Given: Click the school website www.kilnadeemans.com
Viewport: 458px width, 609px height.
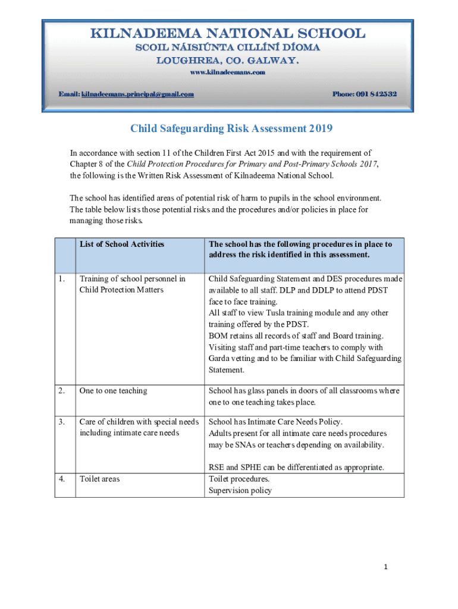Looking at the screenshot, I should [227, 73].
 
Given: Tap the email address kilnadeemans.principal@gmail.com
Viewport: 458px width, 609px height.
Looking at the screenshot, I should [137, 95].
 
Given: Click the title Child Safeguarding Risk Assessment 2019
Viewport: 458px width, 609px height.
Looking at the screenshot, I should [231, 128].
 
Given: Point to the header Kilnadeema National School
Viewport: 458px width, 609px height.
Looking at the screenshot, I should [228, 33].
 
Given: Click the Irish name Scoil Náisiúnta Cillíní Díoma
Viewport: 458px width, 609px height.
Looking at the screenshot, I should [228, 48].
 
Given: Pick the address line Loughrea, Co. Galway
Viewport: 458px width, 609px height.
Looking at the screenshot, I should [228, 61].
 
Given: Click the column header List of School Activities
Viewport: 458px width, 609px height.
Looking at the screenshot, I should [122, 244].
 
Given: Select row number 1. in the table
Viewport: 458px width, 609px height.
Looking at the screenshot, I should [62, 278].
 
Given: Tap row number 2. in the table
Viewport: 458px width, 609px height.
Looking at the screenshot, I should [62, 391].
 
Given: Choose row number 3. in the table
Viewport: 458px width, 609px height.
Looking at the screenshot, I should [62, 422].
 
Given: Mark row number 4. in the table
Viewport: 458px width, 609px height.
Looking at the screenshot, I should [62, 479].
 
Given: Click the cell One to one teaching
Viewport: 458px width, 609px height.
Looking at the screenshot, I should [113, 391].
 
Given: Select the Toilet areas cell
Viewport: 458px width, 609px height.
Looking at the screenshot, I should [99, 479].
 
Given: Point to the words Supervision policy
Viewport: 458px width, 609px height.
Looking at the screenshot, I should [240, 491].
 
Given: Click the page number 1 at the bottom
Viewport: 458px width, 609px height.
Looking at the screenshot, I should [385, 567].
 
